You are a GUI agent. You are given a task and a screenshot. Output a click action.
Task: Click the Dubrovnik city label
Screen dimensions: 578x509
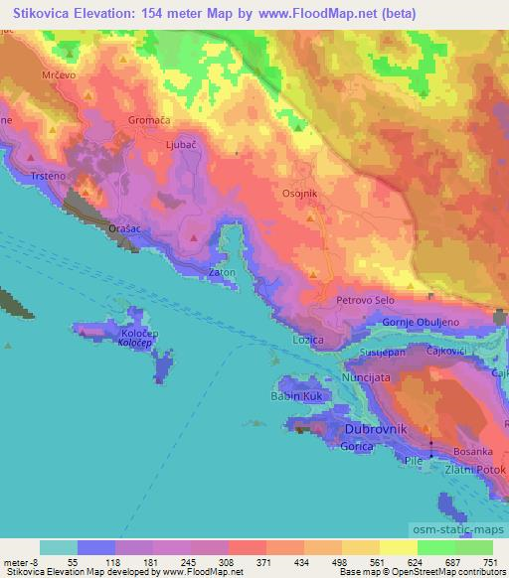[374, 429]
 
